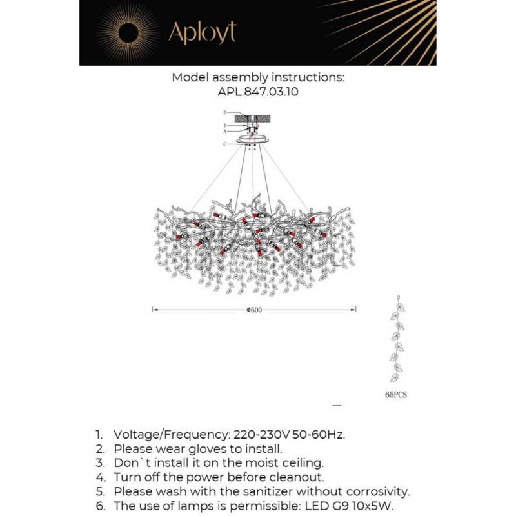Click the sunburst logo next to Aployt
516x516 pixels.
[128, 32]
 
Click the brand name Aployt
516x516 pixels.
[202, 32]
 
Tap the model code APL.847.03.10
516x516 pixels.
[258, 92]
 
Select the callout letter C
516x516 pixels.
[224, 144]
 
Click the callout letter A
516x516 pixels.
[224, 131]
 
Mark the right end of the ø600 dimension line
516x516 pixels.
[356, 310]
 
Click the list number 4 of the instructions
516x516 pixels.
[99, 477]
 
